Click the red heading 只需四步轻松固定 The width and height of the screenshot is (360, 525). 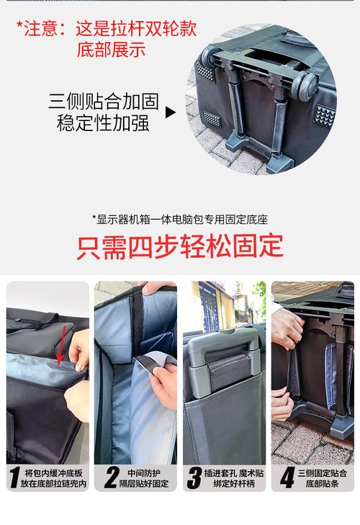pyautogui.click(x=180, y=246)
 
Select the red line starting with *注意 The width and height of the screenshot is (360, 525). pyautogui.click(x=107, y=29)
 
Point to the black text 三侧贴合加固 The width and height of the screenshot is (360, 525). pyautogui.click(x=103, y=101)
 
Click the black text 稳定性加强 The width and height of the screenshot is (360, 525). pyautogui.click(x=103, y=122)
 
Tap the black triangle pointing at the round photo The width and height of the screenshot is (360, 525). pyautogui.click(x=171, y=112)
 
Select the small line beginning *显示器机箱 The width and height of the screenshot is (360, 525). pyautogui.click(x=179, y=220)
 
